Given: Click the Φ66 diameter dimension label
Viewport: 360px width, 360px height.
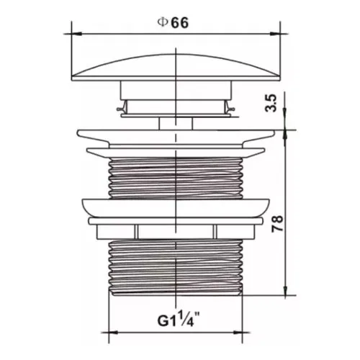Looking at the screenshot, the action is click(x=173, y=23).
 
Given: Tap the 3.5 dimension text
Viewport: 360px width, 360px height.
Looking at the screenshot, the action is click(x=271, y=103).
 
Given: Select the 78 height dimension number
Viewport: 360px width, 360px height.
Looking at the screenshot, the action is click(x=277, y=224).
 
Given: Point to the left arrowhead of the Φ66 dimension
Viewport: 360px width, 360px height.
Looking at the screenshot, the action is click(x=77, y=34).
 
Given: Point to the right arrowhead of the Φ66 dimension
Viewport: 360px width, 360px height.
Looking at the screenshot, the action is click(x=275, y=34).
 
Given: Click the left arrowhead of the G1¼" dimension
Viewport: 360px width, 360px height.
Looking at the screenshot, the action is click(x=114, y=333).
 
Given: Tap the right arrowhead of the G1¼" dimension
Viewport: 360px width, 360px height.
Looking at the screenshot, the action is click(x=238, y=333).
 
